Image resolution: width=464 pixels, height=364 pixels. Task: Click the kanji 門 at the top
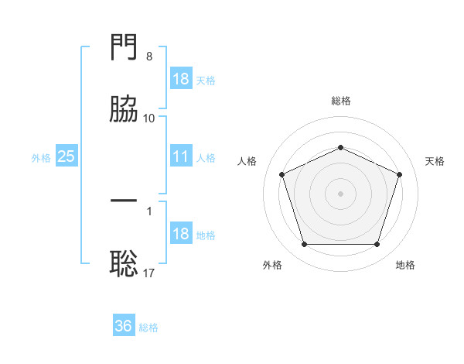(124, 46)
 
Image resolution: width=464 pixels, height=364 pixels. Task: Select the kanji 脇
(124, 108)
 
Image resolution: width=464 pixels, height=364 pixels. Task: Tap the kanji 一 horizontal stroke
(124, 201)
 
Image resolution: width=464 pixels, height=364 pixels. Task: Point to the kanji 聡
(124, 263)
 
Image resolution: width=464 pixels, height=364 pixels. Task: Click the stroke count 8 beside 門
(149, 57)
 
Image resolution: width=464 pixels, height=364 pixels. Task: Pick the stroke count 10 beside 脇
(148, 118)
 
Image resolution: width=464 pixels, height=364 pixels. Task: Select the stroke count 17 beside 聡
(148, 273)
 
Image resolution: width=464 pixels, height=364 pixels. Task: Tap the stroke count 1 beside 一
(149, 211)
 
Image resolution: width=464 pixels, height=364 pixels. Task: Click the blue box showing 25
(67, 156)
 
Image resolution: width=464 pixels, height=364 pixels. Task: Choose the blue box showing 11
(181, 156)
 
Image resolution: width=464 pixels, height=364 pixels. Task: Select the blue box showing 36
(124, 325)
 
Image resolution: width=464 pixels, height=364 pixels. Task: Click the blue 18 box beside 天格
(181, 78)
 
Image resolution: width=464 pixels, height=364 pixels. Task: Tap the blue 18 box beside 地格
(181, 232)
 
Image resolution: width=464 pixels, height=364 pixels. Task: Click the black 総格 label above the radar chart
(341, 101)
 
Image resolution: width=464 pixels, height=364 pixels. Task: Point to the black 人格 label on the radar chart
(247, 161)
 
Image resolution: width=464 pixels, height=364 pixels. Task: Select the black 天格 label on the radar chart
(435, 161)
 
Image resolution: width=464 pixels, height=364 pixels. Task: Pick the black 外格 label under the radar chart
(272, 265)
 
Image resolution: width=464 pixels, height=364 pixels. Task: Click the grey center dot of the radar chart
(340, 194)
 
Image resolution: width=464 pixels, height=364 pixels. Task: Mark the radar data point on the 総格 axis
(340, 147)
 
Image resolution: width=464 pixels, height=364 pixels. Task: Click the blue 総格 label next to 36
(148, 328)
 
